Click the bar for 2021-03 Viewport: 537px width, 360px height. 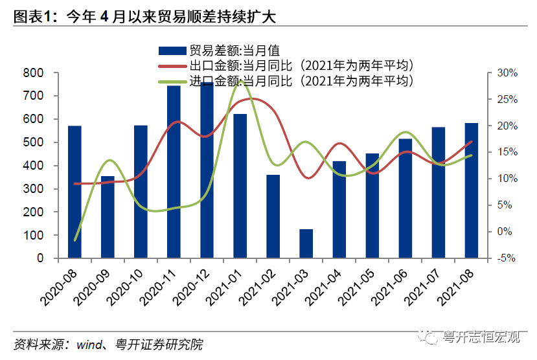(306, 243)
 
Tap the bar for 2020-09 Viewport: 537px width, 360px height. (108, 217)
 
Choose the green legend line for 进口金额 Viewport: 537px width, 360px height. (172, 82)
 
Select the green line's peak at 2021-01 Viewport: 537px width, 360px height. (242, 82)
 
